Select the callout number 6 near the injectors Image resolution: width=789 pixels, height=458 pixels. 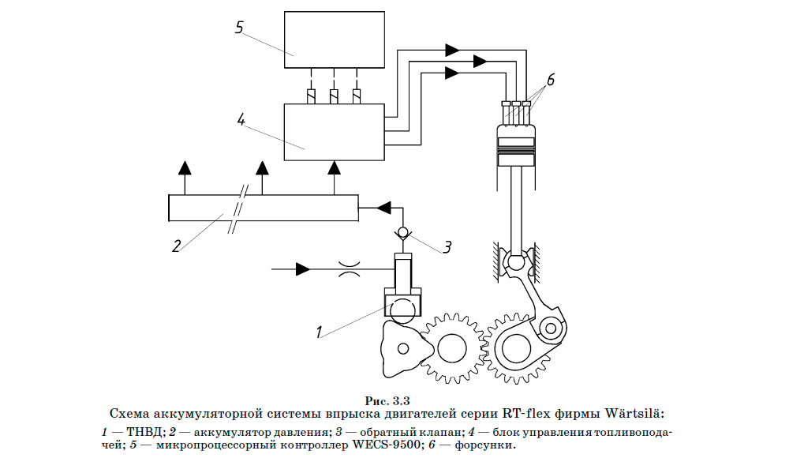[551, 79]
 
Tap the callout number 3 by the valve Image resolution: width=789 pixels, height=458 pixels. [447, 246]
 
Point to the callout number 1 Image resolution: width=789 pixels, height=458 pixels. [320, 332]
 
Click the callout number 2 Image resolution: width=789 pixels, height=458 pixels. [178, 244]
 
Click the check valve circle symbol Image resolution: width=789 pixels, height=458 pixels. [403, 232]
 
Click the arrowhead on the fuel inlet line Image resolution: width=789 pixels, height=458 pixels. [301, 270]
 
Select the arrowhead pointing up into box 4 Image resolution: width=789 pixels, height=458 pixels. [335, 167]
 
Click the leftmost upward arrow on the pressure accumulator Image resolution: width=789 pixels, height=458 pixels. [185, 167]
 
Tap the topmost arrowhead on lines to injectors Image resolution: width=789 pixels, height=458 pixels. [452, 50]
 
